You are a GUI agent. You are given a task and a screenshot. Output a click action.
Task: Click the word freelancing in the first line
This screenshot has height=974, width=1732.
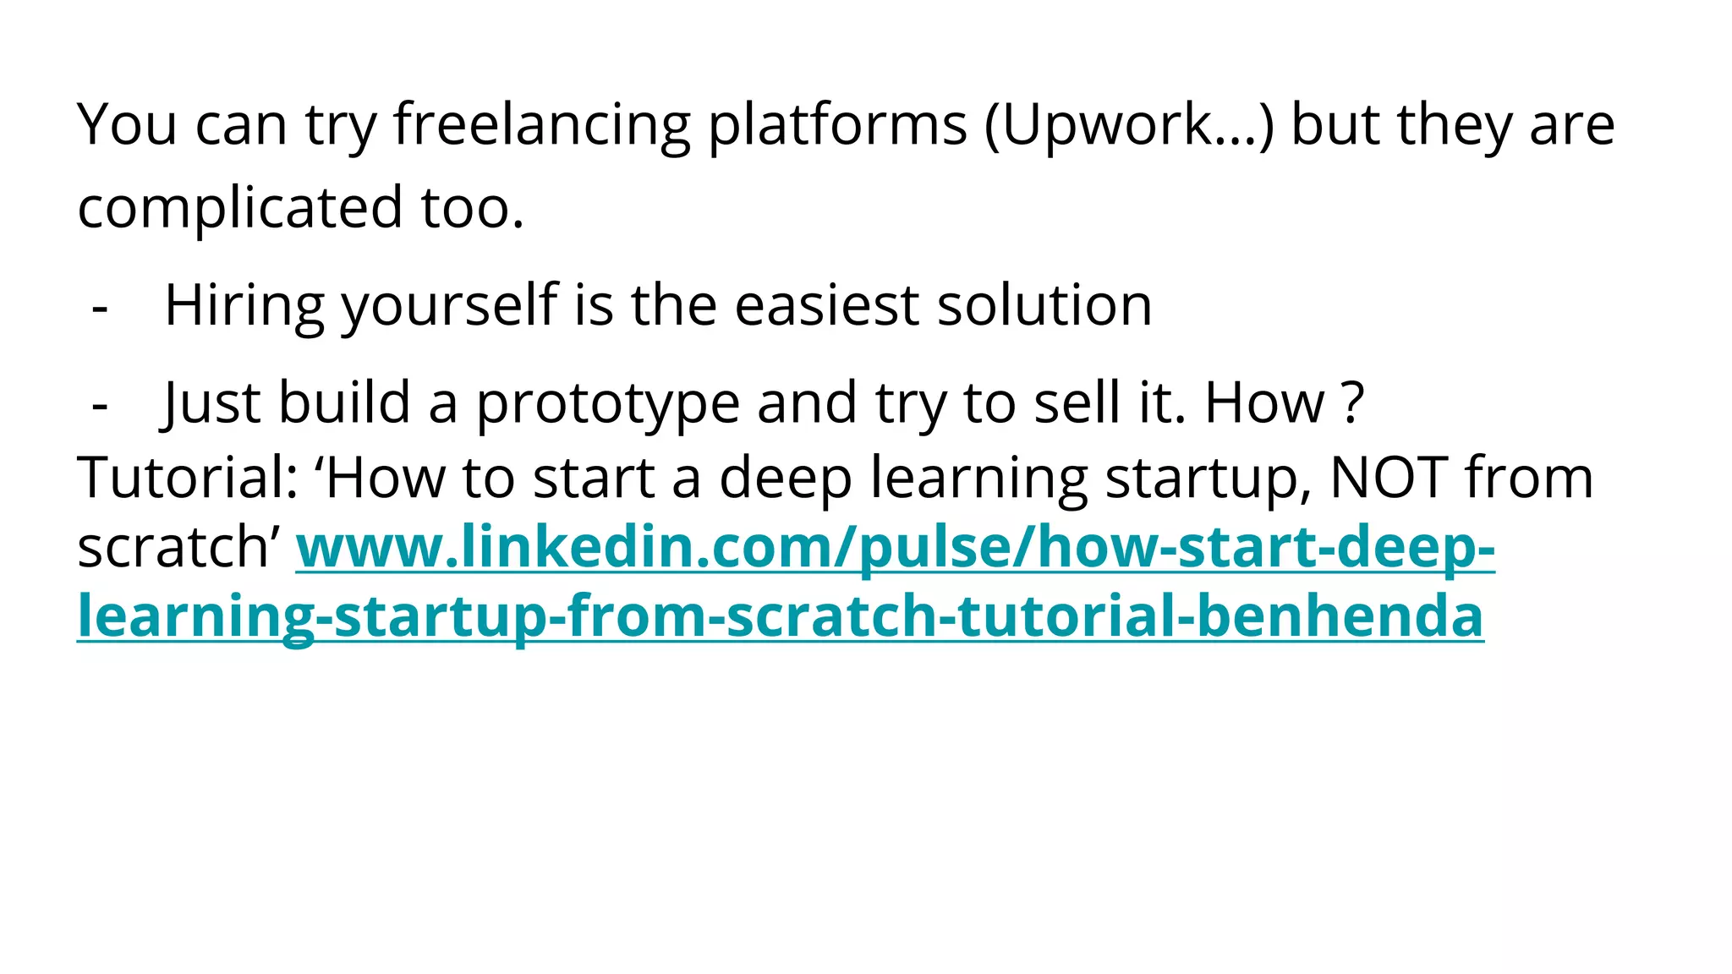(542, 125)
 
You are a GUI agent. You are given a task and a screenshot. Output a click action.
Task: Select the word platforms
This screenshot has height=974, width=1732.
(836, 125)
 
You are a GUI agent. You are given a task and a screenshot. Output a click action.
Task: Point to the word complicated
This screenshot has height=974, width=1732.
(240, 208)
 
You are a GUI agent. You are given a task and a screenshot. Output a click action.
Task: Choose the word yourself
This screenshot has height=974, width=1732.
(449, 305)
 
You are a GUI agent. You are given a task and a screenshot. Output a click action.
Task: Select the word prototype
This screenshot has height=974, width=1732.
(607, 403)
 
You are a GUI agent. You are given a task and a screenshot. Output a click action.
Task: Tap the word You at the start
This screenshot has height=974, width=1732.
(127, 125)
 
